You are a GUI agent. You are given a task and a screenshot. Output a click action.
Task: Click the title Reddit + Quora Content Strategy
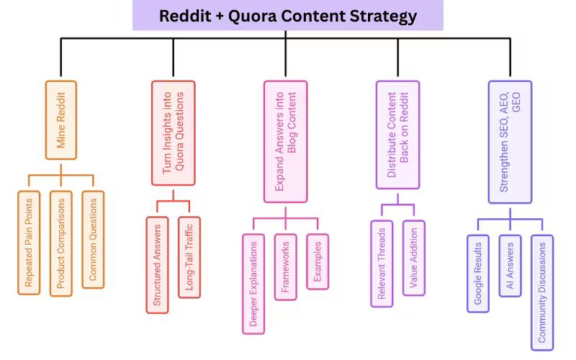click(x=287, y=15)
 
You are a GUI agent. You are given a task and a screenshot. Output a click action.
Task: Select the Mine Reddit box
click(x=61, y=119)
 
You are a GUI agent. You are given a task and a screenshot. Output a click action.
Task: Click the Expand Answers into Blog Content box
click(x=285, y=140)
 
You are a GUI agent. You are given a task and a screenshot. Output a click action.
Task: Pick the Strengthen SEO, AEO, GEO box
click(x=510, y=141)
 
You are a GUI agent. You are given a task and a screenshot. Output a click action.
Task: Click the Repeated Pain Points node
click(x=29, y=242)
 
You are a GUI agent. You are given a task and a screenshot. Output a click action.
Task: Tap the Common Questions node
click(x=93, y=240)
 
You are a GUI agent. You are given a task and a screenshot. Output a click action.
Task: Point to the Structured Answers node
click(x=157, y=264)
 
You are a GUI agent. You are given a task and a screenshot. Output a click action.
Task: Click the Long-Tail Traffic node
click(x=189, y=256)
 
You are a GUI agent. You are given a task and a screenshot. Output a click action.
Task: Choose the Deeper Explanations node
click(x=253, y=284)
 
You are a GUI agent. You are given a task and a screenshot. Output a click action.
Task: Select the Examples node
click(x=318, y=261)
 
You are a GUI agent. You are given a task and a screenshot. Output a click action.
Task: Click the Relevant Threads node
click(x=382, y=263)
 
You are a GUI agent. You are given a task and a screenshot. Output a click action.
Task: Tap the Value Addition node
click(x=414, y=258)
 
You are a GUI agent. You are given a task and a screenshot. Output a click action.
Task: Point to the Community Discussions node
click(x=542, y=292)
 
